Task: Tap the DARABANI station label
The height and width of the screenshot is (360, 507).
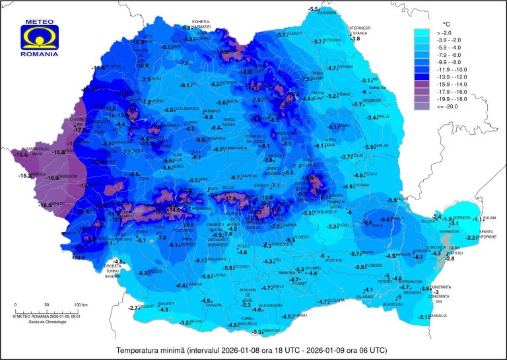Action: [328, 13]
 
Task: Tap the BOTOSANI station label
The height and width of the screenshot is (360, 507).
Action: [332, 40]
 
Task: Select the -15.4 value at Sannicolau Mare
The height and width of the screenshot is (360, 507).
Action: [21, 154]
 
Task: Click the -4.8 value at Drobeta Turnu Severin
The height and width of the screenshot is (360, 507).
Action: [100, 262]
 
